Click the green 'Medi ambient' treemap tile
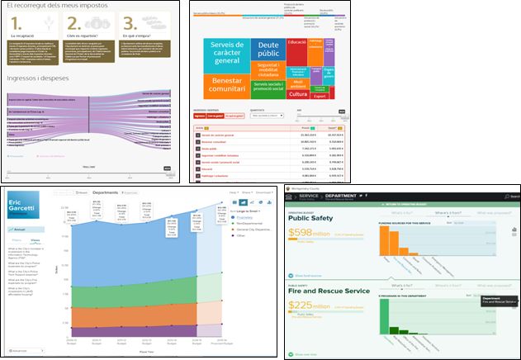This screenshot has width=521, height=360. tap(298, 80)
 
